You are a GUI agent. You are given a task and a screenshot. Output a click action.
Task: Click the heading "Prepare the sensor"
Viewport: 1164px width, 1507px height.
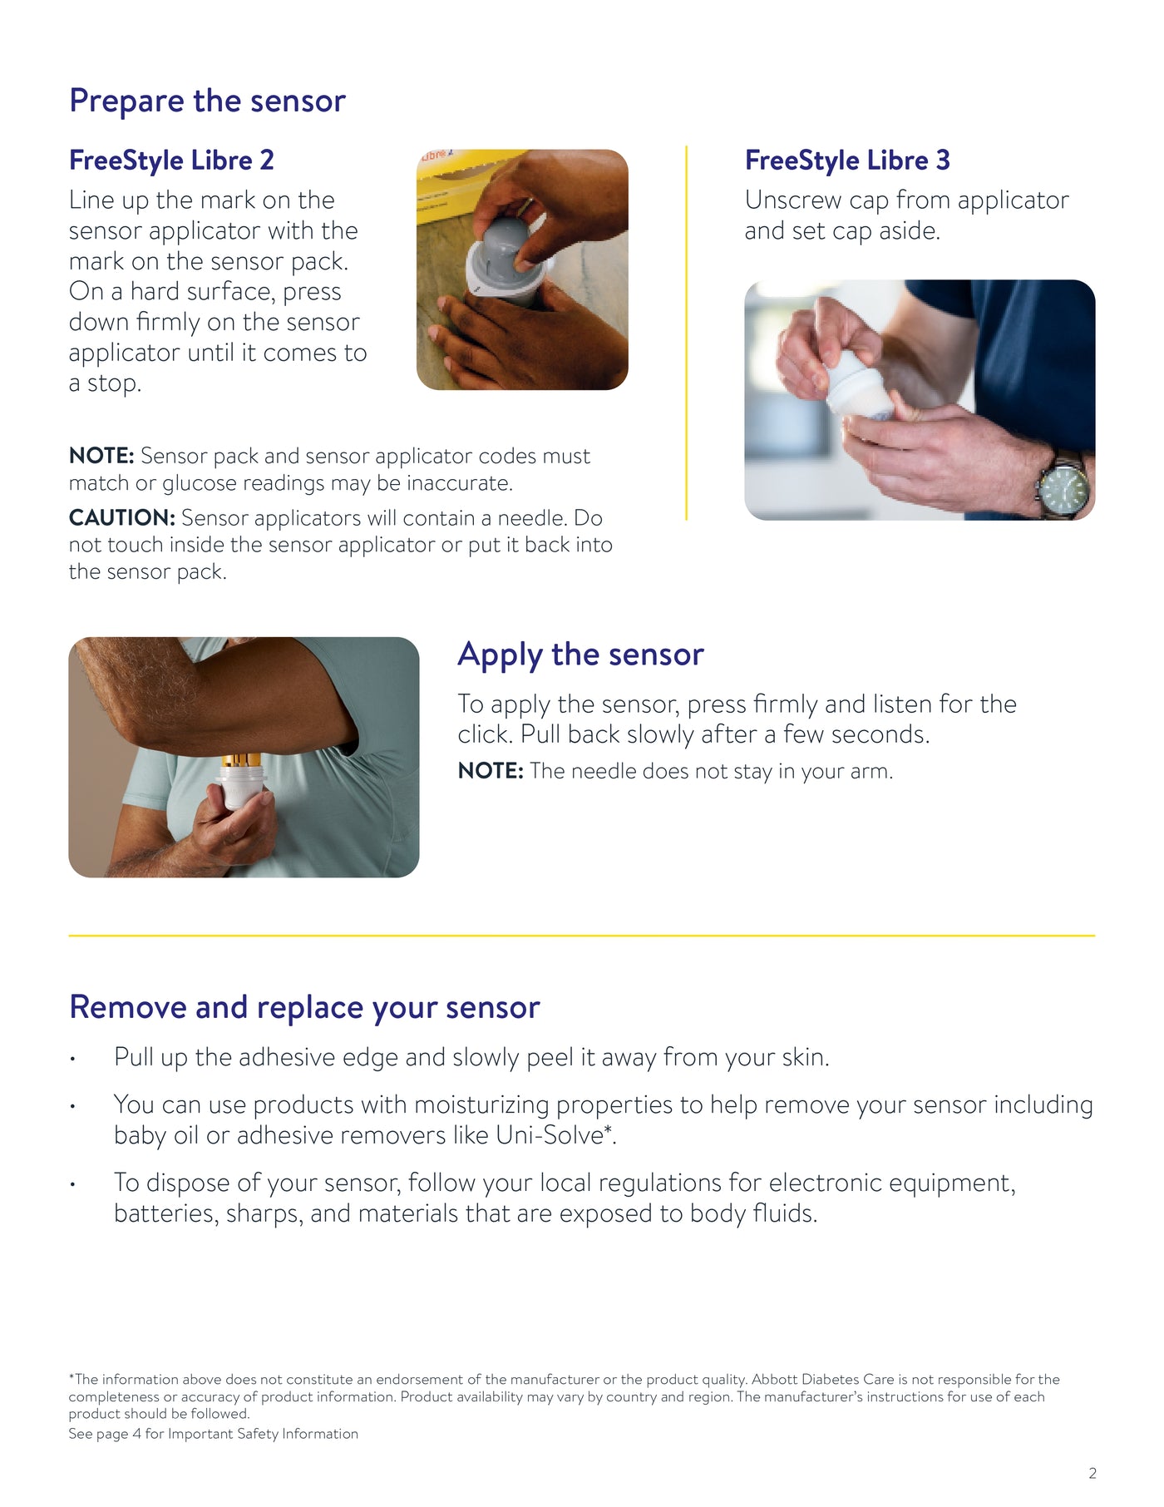[x=207, y=101]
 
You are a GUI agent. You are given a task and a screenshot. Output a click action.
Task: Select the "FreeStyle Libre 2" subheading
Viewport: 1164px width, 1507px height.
[x=171, y=160]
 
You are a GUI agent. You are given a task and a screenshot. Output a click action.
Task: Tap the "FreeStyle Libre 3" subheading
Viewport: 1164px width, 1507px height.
[x=846, y=160]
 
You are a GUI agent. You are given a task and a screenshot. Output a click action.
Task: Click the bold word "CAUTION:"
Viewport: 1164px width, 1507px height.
[x=121, y=517]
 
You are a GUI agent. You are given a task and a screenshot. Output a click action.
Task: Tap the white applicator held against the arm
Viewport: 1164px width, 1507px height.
[x=240, y=786]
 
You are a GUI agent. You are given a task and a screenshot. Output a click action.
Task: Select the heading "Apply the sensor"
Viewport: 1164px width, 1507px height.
[x=580, y=655]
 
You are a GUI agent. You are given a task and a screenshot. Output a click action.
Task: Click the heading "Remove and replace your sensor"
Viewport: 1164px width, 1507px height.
[x=304, y=1007]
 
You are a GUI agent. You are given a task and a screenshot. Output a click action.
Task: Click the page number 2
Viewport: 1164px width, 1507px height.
[x=1092, y=1473]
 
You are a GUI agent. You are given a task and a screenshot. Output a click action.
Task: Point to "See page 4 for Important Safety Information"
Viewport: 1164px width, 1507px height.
[x=213, y=1434]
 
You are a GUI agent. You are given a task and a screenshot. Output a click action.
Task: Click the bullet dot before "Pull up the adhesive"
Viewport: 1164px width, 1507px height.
[x=73, y=1060]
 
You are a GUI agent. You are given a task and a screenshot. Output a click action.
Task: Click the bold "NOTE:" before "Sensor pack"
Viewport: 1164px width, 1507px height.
[x=101, y=456]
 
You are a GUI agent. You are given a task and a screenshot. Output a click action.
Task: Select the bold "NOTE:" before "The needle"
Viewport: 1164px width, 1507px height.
[x=490, y=771]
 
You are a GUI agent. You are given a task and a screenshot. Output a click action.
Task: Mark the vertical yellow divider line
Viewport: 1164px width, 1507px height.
[x=686, y=333]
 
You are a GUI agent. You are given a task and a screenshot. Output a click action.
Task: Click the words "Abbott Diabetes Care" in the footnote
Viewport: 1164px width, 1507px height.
[x=822, y=1379]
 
